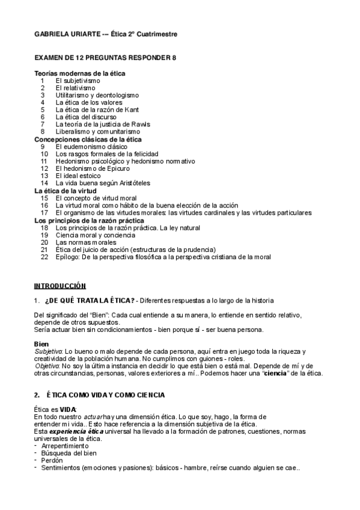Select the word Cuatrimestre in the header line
(157, 34)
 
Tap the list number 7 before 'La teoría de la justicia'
(43, 124)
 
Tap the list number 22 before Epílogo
(44, 257)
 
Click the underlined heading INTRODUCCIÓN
(59, 285)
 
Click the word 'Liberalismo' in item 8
(73, 131)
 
